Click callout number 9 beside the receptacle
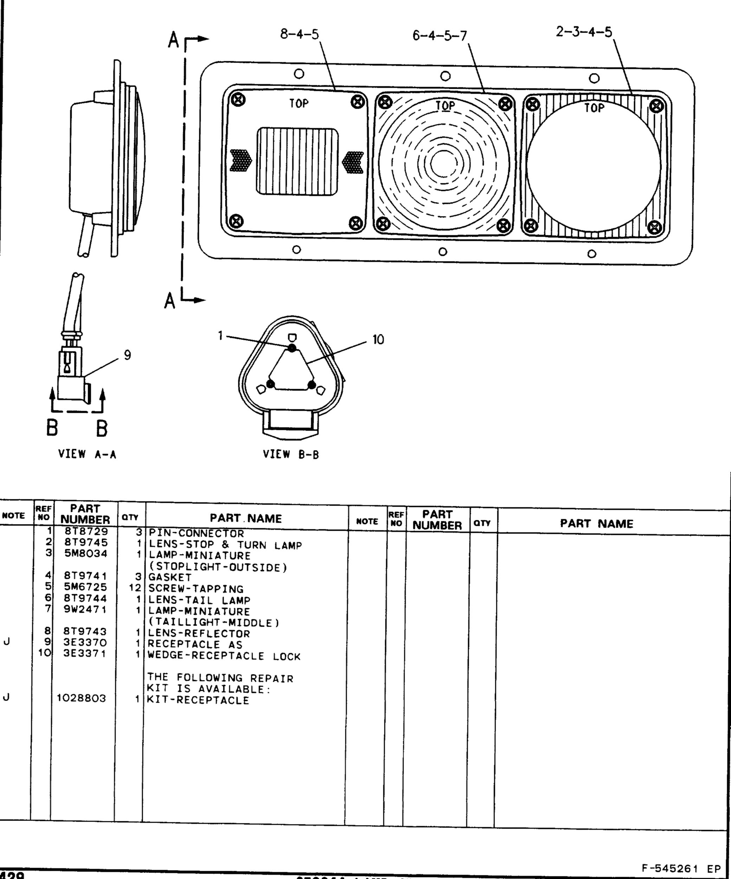(127, 355)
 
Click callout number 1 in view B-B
(220, 335)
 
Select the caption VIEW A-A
(87, 454)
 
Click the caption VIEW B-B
(291, 454)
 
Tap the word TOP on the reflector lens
(299, 103)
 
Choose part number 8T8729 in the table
(86, 532)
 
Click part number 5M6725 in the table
(85, 587)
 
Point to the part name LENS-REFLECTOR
(199, 633)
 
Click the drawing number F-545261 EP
(681, 868)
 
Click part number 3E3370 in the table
(85, 642)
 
